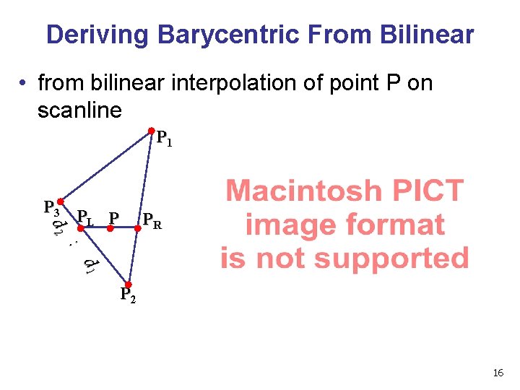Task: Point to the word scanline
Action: tap(79, 110)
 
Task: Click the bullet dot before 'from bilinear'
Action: tap(25, 84)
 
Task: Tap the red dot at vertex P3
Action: tap(62, 202)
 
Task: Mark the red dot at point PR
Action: tap(138, 227)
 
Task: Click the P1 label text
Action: tap(165, 139)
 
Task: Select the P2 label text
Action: tap(127, 296)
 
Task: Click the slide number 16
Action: tap(498, 373)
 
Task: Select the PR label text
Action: tap(152, 220)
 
